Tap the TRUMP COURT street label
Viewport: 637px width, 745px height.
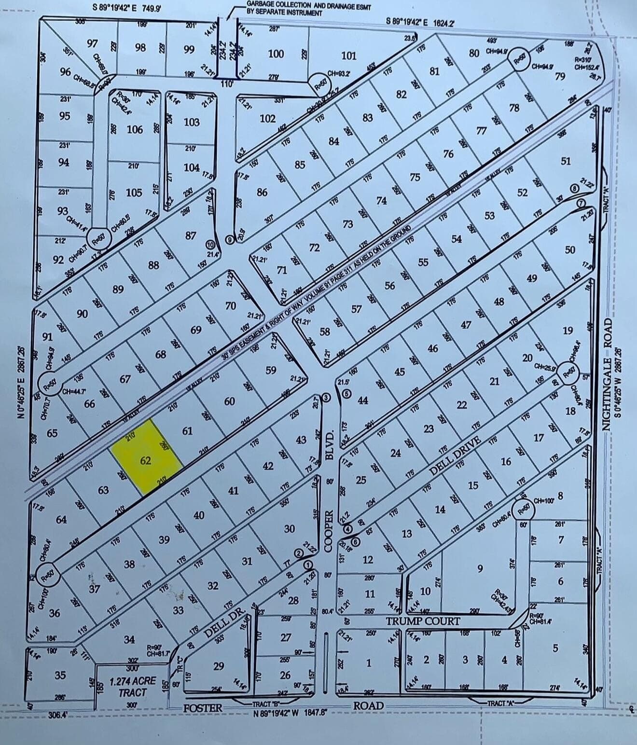coord(423,621)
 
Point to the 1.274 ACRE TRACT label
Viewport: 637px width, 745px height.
coord(132,685)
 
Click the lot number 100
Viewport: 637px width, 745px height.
coord(276,54)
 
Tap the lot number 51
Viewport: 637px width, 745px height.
coord(566,161)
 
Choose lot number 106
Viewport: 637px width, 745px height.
coord(135,129)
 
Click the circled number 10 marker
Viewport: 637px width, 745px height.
coord(209,245)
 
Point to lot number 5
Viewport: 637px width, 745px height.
coord(555,648)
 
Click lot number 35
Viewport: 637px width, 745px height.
coord(60,675)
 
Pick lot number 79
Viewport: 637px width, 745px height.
coord(560,76)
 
